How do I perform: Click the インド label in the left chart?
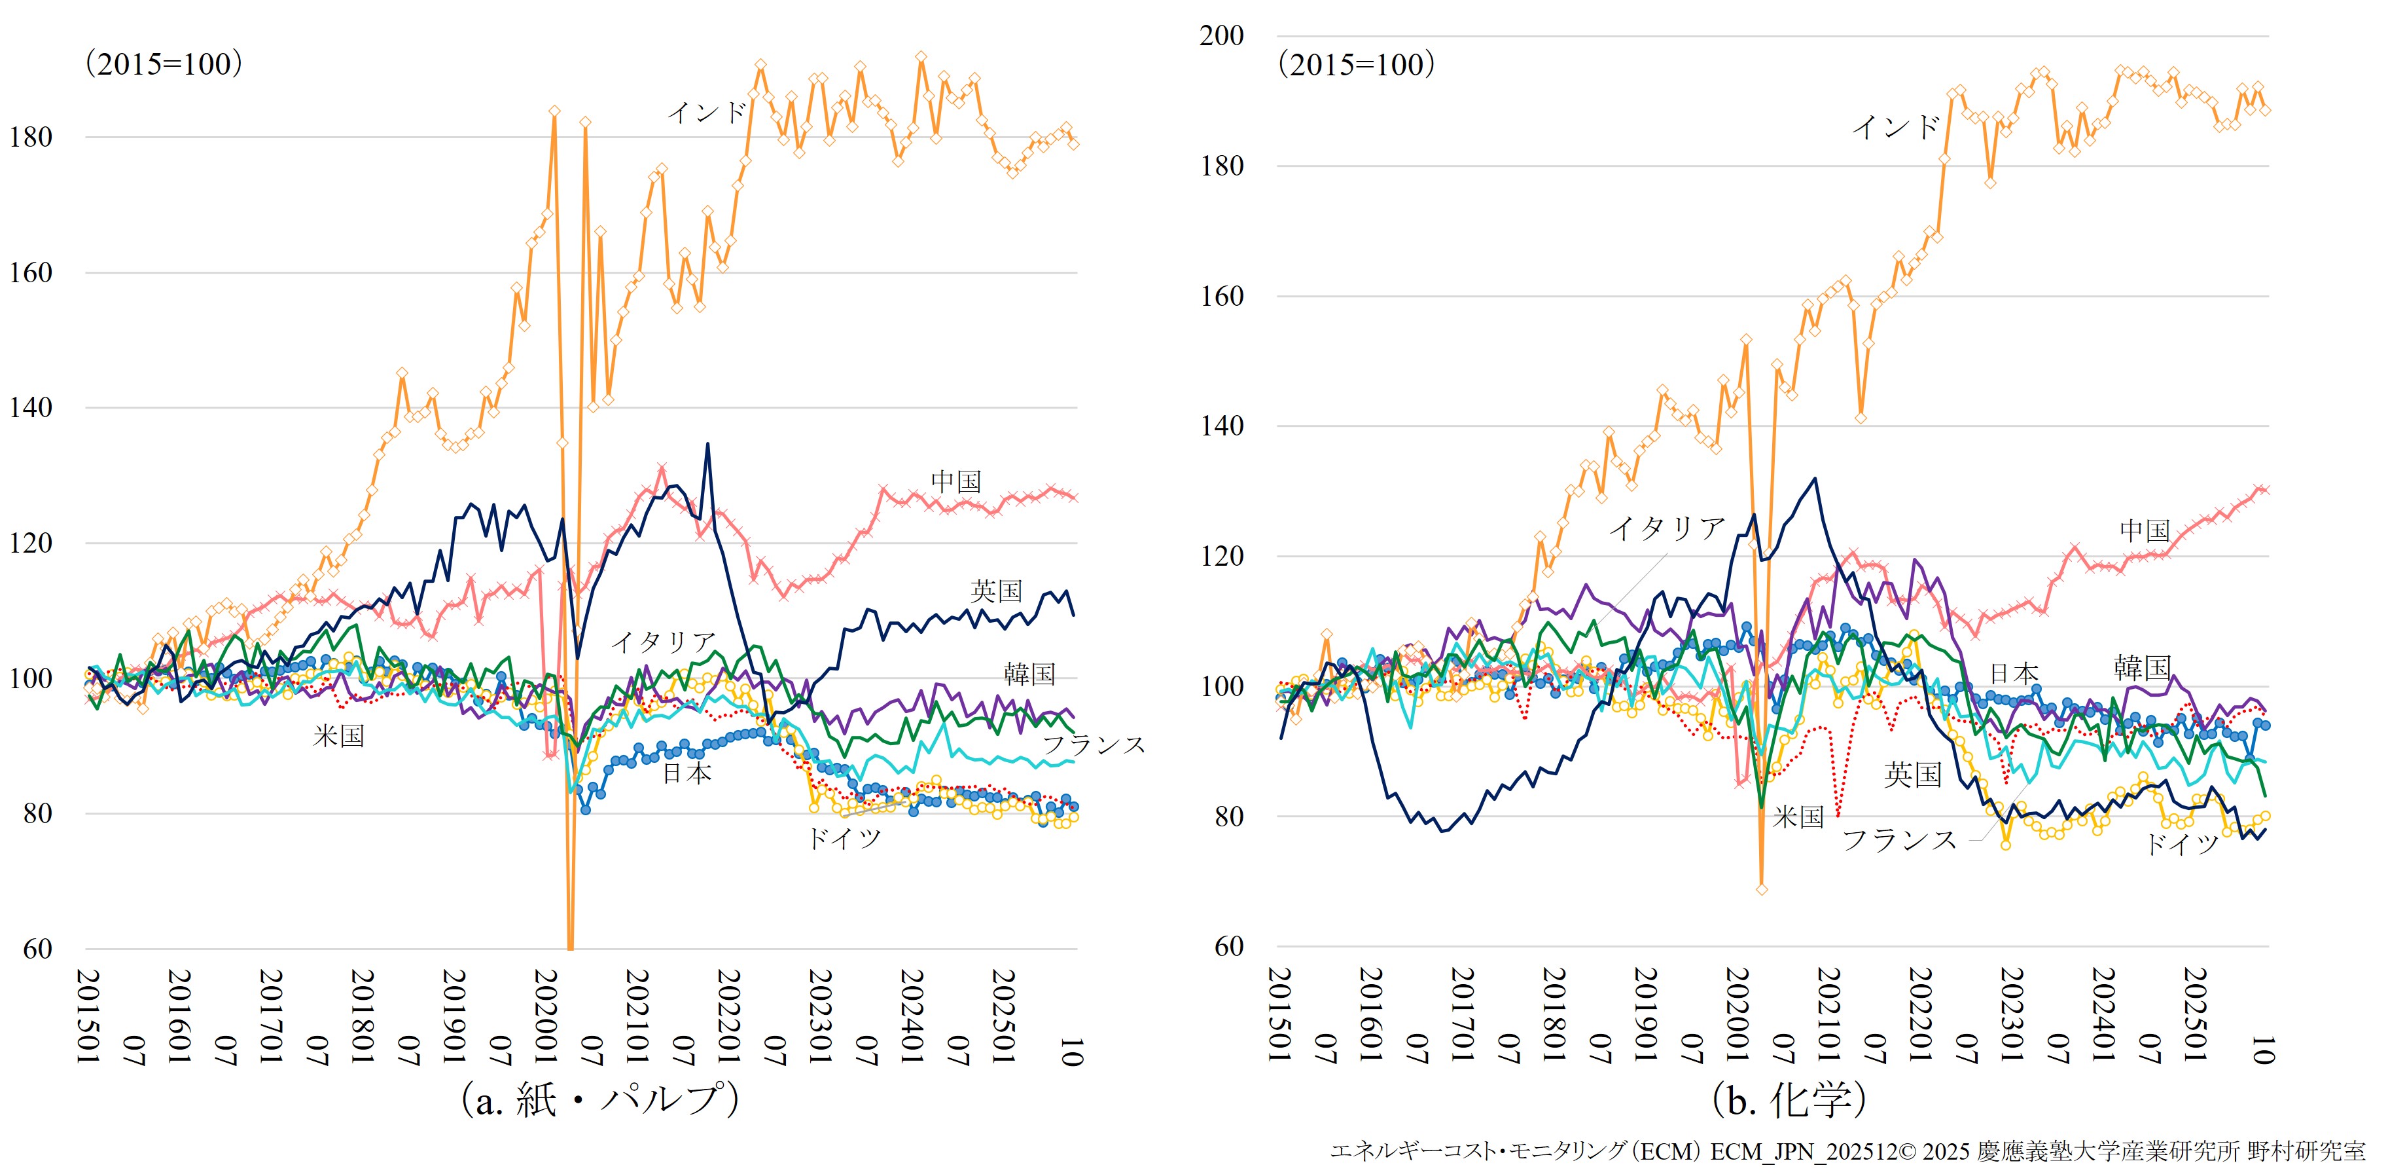coord(706,113)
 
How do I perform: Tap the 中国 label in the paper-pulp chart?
coord(955,481)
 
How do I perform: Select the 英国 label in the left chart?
coord(997,591)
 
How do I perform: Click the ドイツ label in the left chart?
coord(844,838)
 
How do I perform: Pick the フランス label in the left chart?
coord(1094,744)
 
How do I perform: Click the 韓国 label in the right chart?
coord(2143,668)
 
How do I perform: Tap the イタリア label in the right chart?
coord(1667,528)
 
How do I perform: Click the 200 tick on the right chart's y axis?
coord(1221,36)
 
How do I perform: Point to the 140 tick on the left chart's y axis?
coord(31,408)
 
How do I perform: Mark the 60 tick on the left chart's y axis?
coord(37,949)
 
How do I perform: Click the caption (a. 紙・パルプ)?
coord(599,1100)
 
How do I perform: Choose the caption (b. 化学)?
coord(1789,1100)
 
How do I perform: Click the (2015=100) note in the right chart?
coord(1356,64)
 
